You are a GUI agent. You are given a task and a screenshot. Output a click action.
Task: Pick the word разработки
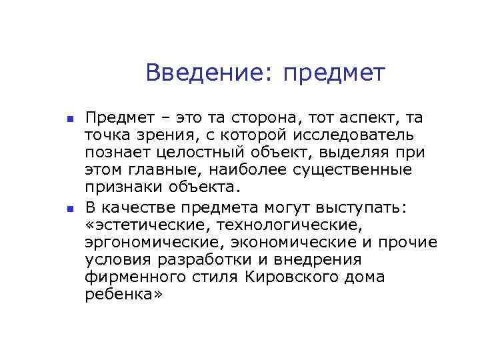pos(222,259)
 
